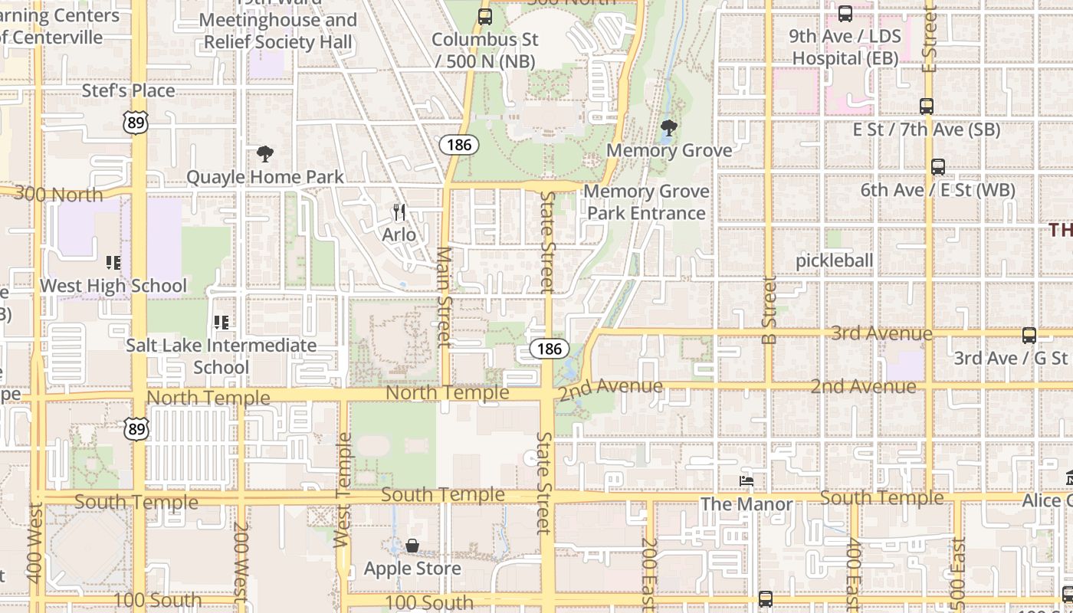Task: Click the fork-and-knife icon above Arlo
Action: coord(399,211)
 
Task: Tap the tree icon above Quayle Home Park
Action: coord(265,154)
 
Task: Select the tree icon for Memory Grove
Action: coord(668,127)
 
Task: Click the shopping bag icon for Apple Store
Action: coord(412,546)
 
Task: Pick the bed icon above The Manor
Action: coord(747,481)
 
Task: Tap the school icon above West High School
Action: coord(113,264)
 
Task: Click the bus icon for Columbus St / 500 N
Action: coord(484,16)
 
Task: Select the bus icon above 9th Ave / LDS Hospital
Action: coord(845,13)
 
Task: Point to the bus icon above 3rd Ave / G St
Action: coord(1029,335)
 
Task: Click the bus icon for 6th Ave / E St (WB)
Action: coord(937,166)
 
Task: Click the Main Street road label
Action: coord(444,297)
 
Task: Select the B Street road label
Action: coord(769,310)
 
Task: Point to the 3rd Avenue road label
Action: coord(881,333)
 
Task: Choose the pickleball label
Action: coord(834,261)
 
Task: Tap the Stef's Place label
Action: coord(129,90)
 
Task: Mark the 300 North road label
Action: coord(58,194)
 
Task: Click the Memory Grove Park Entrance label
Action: coord(646,202)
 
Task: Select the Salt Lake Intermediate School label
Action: coord(221,356)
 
